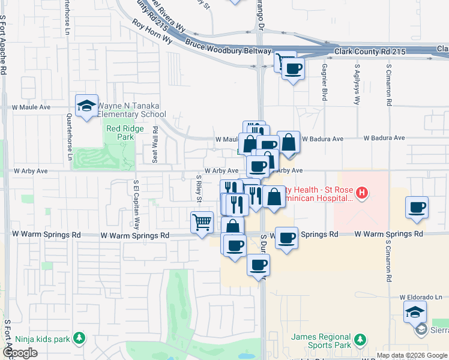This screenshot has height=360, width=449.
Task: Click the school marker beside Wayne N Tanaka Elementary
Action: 87,106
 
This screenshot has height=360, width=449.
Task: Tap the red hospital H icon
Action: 361,193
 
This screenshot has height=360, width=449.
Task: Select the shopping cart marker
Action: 202,222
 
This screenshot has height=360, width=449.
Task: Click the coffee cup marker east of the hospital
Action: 417,207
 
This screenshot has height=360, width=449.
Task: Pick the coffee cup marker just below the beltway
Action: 292,69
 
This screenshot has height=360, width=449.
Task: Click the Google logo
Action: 20,353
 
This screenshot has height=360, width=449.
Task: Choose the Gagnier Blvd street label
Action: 324,82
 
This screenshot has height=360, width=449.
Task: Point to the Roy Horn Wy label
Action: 152,33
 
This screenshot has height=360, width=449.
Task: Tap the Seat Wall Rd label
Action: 155,145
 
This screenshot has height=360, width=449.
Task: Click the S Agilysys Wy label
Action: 357,82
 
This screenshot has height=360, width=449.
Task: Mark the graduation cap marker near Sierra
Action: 415,312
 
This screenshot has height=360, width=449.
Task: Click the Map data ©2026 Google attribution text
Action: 412,355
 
